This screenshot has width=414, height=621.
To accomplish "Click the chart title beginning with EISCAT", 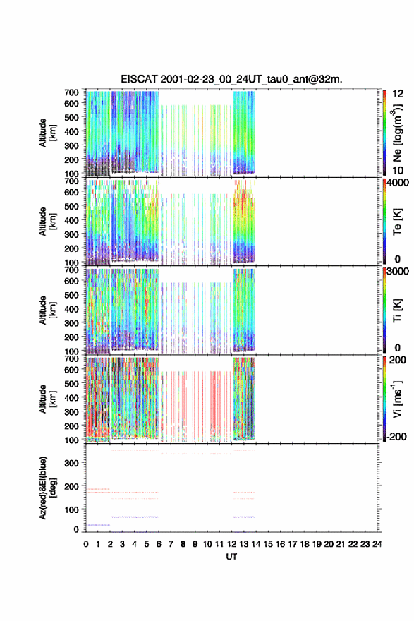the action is (x=231, y=79).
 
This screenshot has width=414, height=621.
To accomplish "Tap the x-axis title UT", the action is (x=231, y=557).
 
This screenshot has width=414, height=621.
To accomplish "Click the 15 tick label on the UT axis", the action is (x=268, y=544).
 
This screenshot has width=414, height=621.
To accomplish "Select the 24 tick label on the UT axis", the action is (x=377, y=544).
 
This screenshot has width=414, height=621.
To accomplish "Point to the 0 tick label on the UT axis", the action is (x=86, y=544).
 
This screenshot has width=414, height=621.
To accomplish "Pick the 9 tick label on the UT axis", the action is (x=195, y=544).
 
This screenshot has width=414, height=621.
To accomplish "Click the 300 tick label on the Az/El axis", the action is (x=71, y=463).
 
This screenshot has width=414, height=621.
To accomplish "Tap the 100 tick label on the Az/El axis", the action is (x=71, y=510).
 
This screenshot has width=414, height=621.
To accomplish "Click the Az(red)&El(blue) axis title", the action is (x=47, y=488).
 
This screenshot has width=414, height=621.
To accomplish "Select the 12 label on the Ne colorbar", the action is (x=398, y=94).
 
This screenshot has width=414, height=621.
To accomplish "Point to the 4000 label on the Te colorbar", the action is (x=398, y=183).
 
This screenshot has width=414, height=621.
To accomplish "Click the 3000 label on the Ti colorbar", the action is (x=398, y=271).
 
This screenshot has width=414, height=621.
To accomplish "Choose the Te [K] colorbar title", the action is (x=397, y=222).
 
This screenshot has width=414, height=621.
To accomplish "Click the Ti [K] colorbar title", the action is (x=397, y=310).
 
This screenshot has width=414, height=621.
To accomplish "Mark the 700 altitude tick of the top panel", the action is (x=71, y=92).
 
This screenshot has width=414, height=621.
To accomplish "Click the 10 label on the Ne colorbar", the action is (x=398, y=170).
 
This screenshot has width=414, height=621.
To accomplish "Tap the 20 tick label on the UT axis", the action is (x=329, y=544).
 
